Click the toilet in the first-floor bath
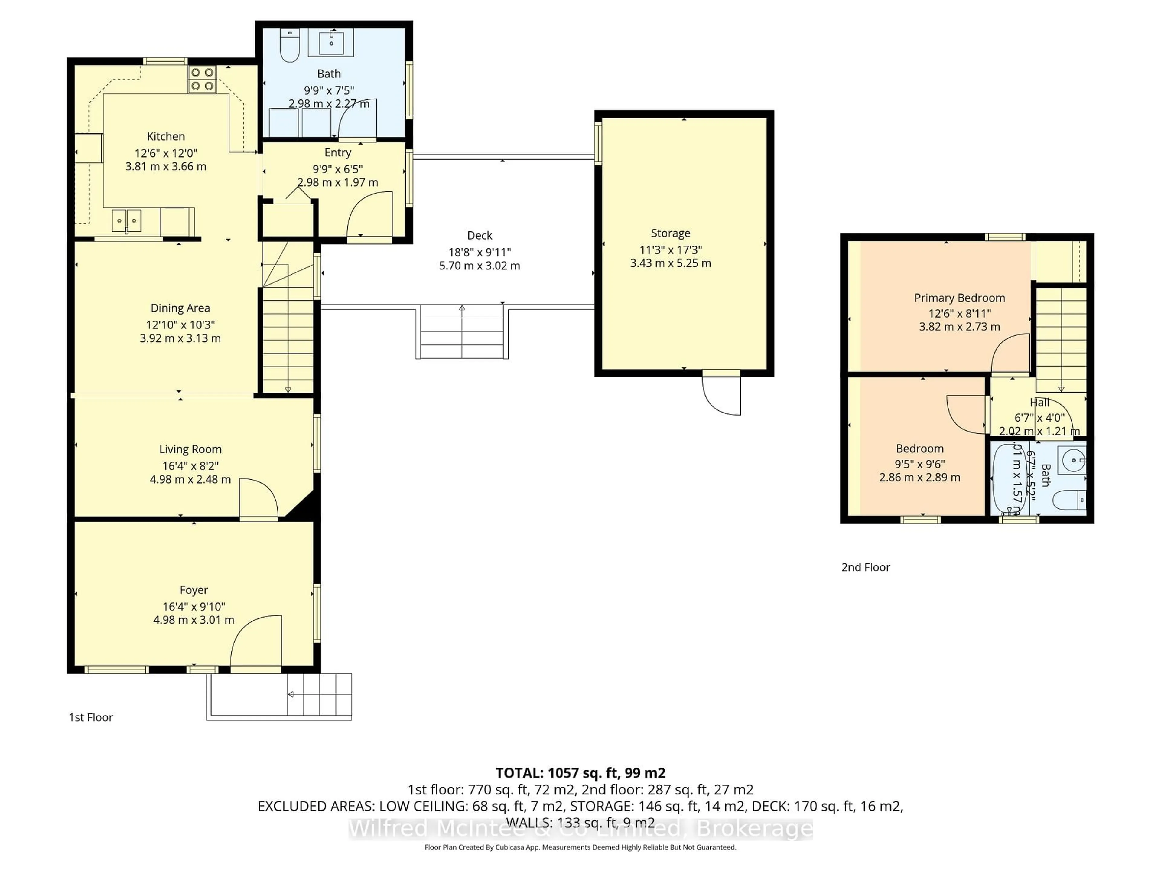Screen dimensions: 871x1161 pyautogui.click(x=289, y=46)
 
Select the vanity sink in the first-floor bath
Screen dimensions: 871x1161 pyautogui.click(x=331, y=42)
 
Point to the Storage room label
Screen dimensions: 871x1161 pyautogui.click(x=670, y=233)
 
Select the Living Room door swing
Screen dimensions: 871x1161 pyautogui.click(x=257, y=499)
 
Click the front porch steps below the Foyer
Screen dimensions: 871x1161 pyautogui.click(x=319, y=695)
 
